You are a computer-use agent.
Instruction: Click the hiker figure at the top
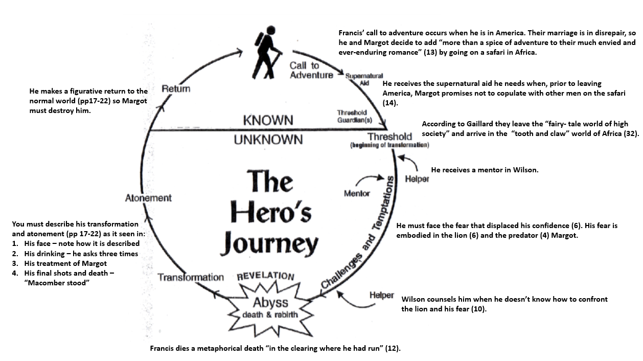click(267, 55)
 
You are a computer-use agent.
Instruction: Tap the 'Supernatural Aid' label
click(364, 79)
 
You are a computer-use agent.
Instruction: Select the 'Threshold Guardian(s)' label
click(354, 116)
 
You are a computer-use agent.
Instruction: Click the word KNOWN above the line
click(268, 120)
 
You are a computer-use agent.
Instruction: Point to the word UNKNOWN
click(268, 140)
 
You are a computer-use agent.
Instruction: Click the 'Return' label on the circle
click(176, 89)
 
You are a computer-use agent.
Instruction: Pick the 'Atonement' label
click(148, 198)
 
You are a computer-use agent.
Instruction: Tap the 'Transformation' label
click(191, 277)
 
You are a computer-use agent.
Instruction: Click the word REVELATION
click(265, 276)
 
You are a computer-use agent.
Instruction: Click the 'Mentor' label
click(357, 193)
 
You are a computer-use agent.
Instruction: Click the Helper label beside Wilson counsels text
click(382, 296)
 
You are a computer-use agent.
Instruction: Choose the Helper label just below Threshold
click(417, 179)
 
